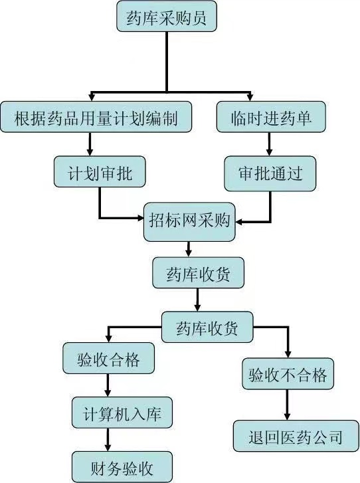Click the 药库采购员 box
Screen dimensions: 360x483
click(x=167, y=16)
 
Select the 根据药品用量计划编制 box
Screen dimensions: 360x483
click(x=96, y=117)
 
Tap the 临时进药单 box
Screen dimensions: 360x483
click(x=271, y=117)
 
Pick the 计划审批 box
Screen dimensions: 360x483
click(x=100, y=171)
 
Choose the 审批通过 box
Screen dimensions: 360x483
click(x=270, y=173)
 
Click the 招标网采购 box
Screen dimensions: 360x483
click(x=189, y=222)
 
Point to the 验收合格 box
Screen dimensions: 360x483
click(x=108, y=358)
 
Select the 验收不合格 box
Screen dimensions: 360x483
click(x=288, y=373)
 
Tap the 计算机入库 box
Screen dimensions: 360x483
click(x=122, y=413)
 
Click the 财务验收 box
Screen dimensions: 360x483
click(x=122, y=467)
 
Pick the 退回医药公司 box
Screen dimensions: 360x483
click(x=296, y=436)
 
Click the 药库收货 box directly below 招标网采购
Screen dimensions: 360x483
click(x=199, y=273)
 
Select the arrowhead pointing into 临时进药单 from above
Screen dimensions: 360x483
click(x=250, y=98)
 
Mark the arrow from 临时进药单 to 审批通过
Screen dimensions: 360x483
click(x=269, y=144)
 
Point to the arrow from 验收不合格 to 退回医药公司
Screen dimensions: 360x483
click(x=287, y=405)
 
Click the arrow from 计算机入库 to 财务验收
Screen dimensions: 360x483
click(x=108, y=440)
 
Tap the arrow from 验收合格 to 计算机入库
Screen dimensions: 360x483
click(x=108, y=385)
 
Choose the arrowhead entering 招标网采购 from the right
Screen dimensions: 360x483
click(x=239, y=222)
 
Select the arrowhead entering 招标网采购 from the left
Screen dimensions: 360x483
click(x=140, y=218)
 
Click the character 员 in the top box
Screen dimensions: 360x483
click(x=199, y=17)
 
